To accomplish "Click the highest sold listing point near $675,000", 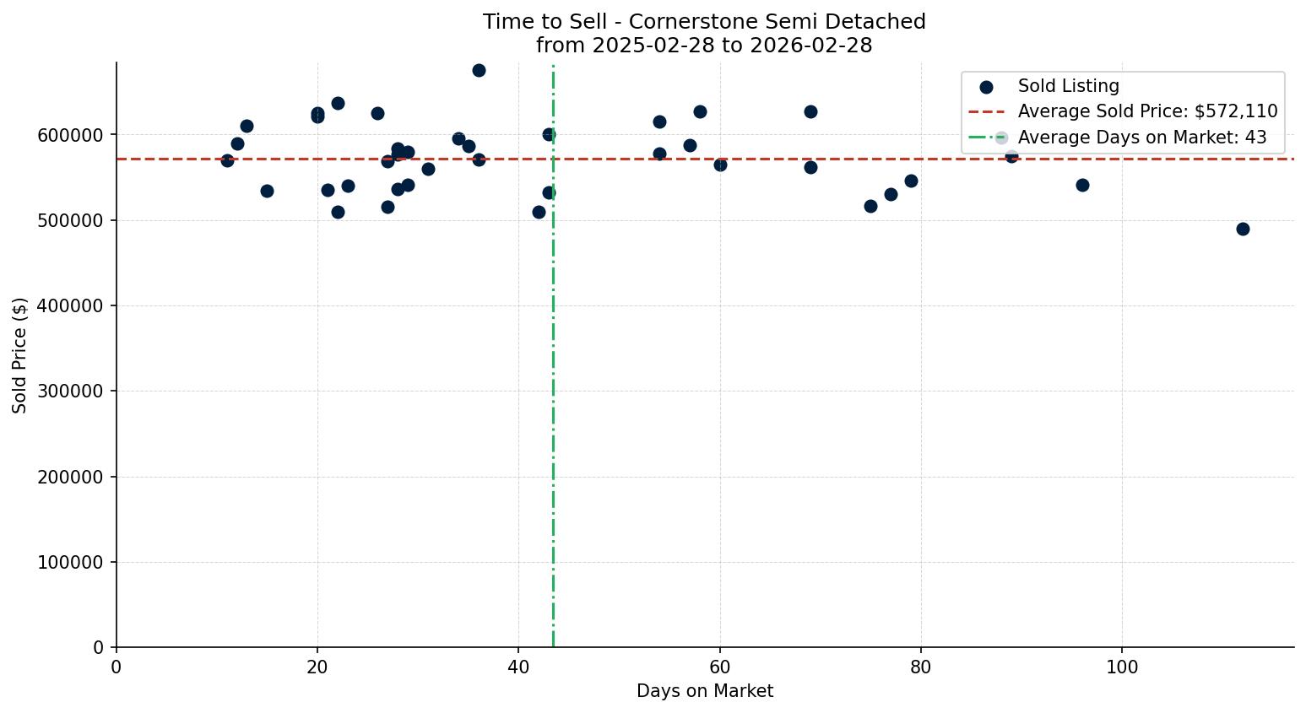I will point(479,70).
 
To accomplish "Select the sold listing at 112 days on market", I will point(1243,229).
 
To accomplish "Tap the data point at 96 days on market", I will point(1082,185).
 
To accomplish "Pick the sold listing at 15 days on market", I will point(267,191).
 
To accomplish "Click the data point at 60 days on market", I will point(720,165).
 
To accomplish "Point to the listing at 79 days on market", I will point(911,181).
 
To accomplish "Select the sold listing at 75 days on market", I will point(870,206).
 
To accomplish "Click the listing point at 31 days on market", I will point(428,169).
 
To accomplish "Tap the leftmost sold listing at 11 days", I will point(227,160).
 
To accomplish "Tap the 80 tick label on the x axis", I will point(921,667).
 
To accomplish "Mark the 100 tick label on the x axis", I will point(1122,667).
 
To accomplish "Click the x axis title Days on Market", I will point(705,691).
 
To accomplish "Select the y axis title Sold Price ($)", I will point(20,355).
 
